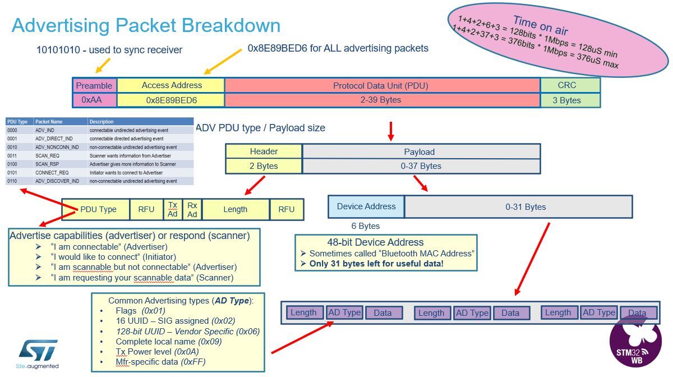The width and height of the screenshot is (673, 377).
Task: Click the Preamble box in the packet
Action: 94,85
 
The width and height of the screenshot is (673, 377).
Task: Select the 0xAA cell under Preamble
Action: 94,100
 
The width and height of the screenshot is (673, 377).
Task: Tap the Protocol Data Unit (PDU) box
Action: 382,85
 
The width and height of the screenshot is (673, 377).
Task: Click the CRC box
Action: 570,85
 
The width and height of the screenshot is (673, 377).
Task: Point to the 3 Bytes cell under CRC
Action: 570,100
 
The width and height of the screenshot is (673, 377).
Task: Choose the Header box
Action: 264,151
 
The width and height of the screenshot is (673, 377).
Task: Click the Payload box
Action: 421,151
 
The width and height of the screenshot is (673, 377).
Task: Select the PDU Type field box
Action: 98,209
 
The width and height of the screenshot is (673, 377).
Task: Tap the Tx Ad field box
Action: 173,209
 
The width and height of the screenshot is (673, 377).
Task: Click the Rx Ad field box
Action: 192,209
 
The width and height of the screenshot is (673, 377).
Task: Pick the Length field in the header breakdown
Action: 235,209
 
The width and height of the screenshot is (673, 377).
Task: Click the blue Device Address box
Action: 366,206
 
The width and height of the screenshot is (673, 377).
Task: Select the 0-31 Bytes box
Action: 518,206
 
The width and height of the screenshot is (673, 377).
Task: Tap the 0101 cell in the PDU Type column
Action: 13,173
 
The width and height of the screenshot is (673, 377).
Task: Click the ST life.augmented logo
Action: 38,354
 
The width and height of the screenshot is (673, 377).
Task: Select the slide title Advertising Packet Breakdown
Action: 146,25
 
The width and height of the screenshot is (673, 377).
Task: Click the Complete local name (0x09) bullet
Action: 169,341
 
